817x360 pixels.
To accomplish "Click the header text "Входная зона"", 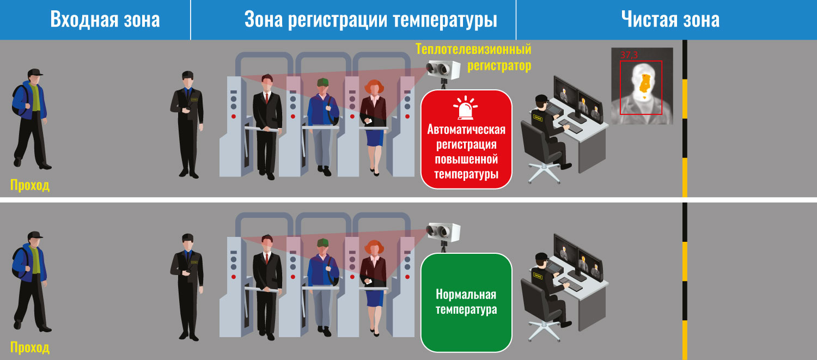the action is tap(105, 19).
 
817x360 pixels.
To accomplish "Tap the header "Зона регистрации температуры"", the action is tap(370, 19).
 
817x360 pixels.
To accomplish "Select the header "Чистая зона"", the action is tap(670, 19).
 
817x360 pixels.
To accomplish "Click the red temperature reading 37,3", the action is tap(629, 54).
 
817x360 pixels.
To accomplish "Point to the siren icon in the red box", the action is tap(465, 108).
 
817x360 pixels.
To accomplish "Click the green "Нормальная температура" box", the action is tap(466, 302).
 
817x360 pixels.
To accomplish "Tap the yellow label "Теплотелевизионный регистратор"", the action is tap(473, 57).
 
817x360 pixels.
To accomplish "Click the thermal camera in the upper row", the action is tap(443, 71).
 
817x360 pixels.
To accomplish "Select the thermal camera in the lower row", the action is tap(443, 234).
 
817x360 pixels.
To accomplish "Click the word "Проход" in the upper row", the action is tap(30, 185).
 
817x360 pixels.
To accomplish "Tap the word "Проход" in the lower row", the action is tap(30, 347).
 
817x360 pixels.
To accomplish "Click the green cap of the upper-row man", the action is tap(322, 82).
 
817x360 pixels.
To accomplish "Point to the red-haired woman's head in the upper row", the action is tap(374, 87).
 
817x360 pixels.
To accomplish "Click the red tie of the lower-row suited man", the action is tap(267, 258).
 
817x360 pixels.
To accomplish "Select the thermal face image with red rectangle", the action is tap(642, 86).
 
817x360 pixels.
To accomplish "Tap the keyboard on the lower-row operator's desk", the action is tap(571, 285).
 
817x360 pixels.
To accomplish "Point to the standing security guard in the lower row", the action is tap(187, 287).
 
